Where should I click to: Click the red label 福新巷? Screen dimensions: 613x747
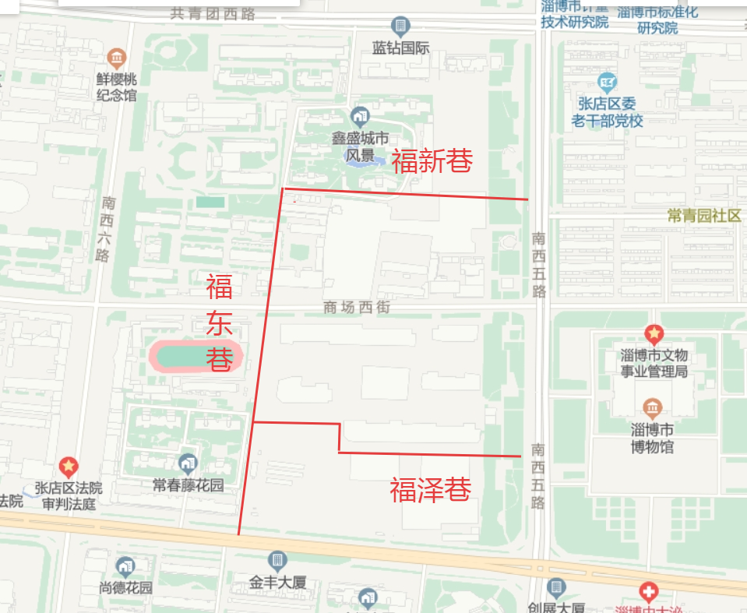coord(432,161)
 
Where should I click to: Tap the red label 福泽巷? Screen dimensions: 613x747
coord(431,491)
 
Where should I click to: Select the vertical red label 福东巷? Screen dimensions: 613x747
coord(220,323)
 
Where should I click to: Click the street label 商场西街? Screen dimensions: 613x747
coord(356,308)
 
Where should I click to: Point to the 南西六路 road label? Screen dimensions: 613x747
coord(104,228)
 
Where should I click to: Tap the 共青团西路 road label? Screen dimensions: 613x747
coord(213,13)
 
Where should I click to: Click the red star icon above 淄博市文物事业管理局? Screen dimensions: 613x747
coord(654,336)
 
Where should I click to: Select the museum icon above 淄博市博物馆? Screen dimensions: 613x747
coord(652,407)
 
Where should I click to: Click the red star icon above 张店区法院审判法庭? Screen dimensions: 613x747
coord(69,467)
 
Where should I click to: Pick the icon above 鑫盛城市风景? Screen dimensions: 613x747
coord(359,117)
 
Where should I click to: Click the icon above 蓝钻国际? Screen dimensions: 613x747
coord(400,27)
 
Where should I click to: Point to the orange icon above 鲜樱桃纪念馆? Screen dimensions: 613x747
coord(117,58)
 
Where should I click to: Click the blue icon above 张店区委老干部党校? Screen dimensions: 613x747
coord(607,81)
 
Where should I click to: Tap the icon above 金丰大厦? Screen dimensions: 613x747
coord(277,560)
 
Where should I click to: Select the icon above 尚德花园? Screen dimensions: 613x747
coord(125,566)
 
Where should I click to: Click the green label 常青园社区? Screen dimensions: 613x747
coord(704,216)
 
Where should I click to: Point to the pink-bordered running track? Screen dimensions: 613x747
coord(196,357)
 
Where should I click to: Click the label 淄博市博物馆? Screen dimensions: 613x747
coord(652,438)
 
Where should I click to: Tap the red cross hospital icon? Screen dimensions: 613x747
coord(648,591)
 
